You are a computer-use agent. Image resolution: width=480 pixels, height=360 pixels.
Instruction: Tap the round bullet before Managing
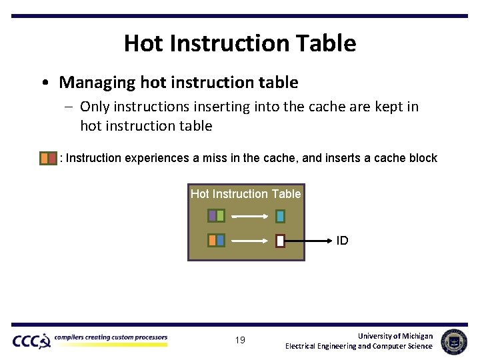[x=44, y=83]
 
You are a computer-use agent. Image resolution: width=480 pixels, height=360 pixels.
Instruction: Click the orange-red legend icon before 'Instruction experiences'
[x=48, y=158]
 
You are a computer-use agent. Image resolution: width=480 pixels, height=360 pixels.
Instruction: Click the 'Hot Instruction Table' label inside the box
[x=245, y=194]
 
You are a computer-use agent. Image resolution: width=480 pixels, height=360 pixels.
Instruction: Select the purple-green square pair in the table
[x=216, y=215]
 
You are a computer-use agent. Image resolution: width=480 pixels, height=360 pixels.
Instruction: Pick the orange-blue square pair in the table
[x=216, y=240]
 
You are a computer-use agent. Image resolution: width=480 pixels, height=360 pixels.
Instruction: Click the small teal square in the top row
[x=280, y=216]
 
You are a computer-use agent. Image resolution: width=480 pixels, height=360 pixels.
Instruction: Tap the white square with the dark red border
[x=280, y=241]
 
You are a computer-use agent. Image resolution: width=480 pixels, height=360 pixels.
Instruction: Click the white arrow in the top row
[x=250, y=216]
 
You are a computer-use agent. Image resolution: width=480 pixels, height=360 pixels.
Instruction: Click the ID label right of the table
[x=342, y=241]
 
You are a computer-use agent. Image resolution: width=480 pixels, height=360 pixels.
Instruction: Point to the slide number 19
[x=240, y=340]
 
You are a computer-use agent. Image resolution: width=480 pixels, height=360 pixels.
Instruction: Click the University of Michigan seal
[x=454, y=341]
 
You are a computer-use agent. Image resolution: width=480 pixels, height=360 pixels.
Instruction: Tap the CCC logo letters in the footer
[x=30, y=341]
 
